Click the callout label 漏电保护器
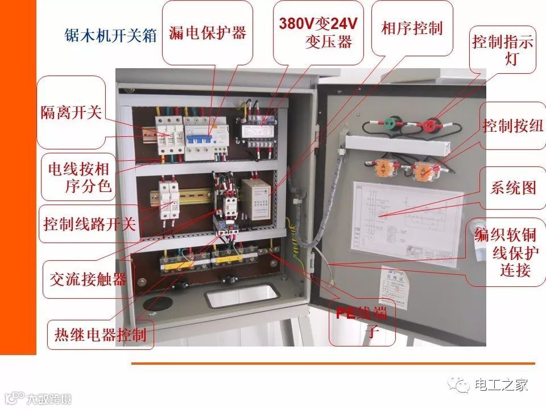(208, 32)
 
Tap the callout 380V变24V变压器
(318, 32)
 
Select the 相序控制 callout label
(412, 28)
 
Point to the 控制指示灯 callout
(503, 50)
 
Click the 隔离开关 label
(71, 112)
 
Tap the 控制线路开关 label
(89, 224)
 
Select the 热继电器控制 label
(100, 334)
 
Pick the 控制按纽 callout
(512, 126)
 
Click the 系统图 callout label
(513, 188)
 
